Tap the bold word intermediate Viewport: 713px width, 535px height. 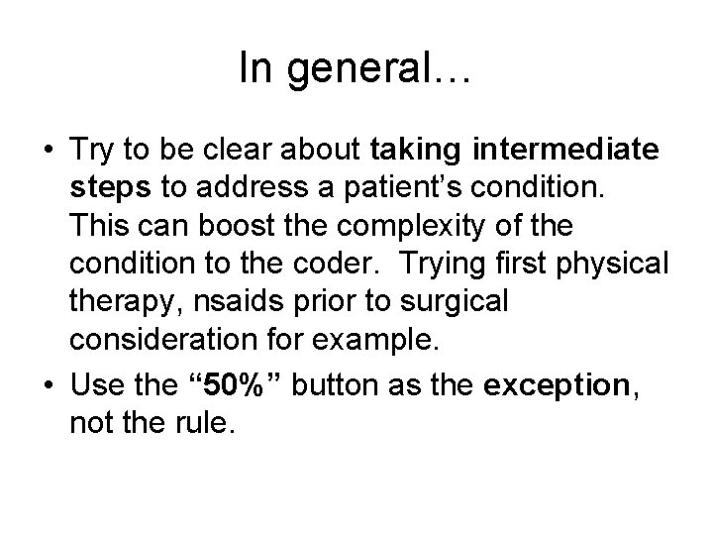pyautogui.click(x=566, y=151)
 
